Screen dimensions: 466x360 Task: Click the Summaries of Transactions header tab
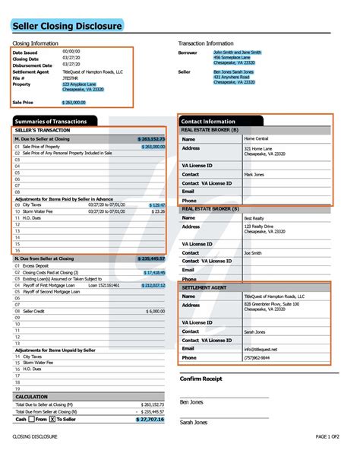coord(54,121)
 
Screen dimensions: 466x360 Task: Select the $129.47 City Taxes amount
coord(156,204)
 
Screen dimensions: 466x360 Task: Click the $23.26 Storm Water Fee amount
coord(157,211)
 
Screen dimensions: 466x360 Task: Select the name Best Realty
coord(254,217)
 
